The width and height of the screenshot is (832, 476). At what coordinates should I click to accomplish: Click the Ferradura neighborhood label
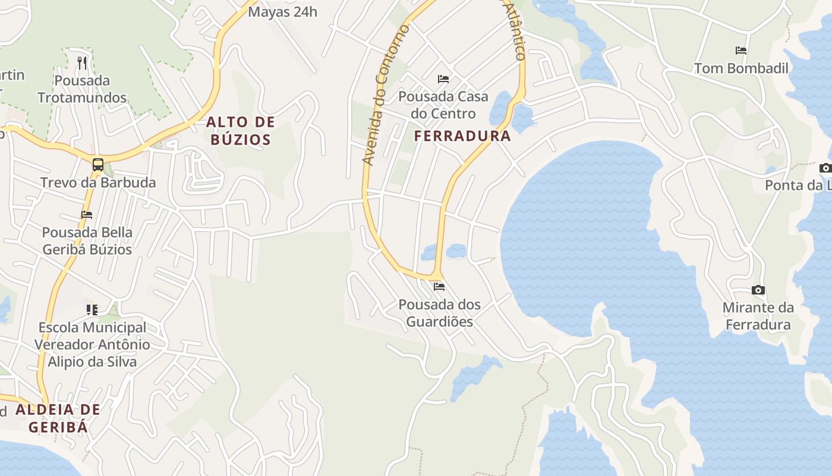point(462,136)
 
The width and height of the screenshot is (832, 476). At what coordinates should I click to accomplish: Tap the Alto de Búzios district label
point(240,131)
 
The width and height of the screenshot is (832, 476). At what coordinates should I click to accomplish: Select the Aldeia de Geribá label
point(58,418)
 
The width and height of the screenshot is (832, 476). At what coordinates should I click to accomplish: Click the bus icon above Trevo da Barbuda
point(98,165)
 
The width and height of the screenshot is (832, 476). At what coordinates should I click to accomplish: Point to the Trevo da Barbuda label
point(98,182)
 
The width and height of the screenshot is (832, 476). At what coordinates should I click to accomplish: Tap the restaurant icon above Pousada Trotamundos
point(83,63)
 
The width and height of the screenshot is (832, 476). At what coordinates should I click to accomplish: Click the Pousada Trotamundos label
point(82,89)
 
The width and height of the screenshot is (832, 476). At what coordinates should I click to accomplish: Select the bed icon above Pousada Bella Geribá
point(87,215)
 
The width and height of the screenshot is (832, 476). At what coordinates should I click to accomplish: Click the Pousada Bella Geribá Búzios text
point(87,240)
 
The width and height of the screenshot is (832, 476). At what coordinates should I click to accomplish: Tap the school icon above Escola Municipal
point(92,309)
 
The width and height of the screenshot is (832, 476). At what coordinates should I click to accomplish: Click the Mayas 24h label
point(283,11)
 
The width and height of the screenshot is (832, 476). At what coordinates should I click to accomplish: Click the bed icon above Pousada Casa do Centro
point(443,79)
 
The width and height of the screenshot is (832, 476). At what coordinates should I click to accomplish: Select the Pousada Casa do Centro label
point(443,105)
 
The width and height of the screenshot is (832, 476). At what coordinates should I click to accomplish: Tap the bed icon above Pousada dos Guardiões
point(439,287)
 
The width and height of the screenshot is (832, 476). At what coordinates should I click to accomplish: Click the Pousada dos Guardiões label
point(439,313)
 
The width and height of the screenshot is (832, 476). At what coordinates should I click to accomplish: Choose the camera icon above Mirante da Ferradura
point(758,290)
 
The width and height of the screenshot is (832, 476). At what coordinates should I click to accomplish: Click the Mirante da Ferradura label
point(758,316)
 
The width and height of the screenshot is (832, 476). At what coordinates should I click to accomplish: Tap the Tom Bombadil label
point(741,68)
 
